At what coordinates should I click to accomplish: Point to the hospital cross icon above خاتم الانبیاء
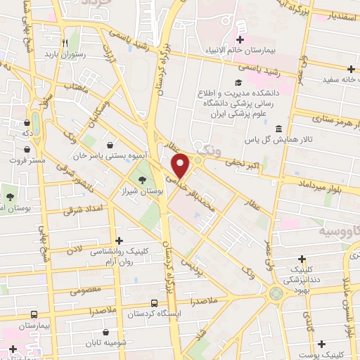point(240,39)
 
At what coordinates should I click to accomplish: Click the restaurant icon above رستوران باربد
point(64,41)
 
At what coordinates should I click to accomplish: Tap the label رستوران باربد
point(64,53)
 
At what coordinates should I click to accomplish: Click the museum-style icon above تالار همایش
point(279,129)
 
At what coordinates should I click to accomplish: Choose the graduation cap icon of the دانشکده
point(227,82)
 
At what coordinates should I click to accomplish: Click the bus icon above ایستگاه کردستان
point(154,303)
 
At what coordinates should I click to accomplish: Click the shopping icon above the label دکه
point(27,120)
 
